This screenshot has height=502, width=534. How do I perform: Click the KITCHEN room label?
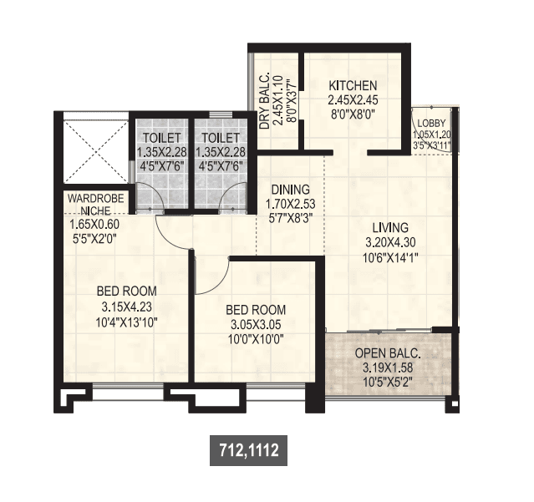[x=353, y=85]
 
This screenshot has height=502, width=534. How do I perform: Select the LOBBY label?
[x=434, y=122]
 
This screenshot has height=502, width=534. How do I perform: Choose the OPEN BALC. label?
[x=387, y=352]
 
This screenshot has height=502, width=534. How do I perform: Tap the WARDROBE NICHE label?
[x=94, y=205]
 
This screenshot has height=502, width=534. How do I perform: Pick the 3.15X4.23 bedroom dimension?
[x=127, y=306]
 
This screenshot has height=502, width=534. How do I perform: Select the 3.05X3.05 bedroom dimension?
[x=256, y=324]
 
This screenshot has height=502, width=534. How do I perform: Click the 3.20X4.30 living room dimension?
[x=390, y=242]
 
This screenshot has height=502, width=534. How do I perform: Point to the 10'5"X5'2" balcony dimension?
[x=387, y=383]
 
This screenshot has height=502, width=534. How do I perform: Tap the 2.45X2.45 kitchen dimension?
[x=353, y=100]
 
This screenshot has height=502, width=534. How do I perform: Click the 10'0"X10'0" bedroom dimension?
[x=256, y=339]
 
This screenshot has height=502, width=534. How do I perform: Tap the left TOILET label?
[x=159, y=138]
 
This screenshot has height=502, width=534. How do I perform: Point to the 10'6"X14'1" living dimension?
[x=390, y=257]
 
